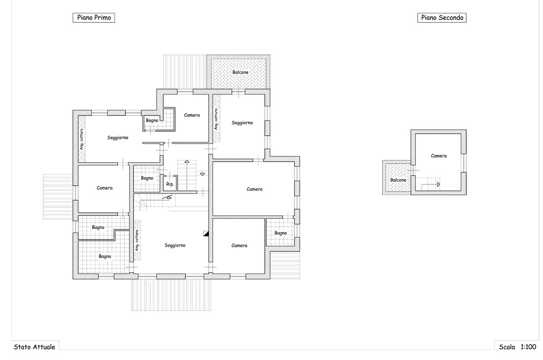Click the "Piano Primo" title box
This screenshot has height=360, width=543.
coord(94,18)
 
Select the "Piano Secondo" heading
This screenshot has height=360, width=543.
coord(442,18)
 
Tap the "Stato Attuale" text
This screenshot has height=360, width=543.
coord(34,347)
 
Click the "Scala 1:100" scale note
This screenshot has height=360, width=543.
coord(518,347)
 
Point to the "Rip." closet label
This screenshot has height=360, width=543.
coord(169,184)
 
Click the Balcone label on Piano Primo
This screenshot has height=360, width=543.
coord(240,72)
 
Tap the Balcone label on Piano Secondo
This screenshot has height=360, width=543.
coord(398,180)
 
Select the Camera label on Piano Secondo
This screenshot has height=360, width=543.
coord(439,156)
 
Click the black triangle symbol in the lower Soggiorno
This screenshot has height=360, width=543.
coord(206,234)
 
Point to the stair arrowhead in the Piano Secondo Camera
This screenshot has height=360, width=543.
coord(438,185)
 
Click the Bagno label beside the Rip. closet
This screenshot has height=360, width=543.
coord(147,178)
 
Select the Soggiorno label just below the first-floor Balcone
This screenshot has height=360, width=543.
coord(242,123)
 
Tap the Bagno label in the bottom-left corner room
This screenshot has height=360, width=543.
coord(105,256)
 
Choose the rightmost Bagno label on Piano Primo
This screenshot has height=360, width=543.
coord(280,233)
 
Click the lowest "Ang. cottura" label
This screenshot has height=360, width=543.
coord(137,240)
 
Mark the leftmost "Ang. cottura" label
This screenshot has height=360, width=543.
coord(82,139)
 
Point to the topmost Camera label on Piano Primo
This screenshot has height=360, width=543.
coord(192,115)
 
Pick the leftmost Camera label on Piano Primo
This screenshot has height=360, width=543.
coord(105,188)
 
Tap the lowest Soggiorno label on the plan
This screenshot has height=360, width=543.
coord(175,245)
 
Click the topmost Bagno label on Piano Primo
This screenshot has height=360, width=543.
coord(152,120)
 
